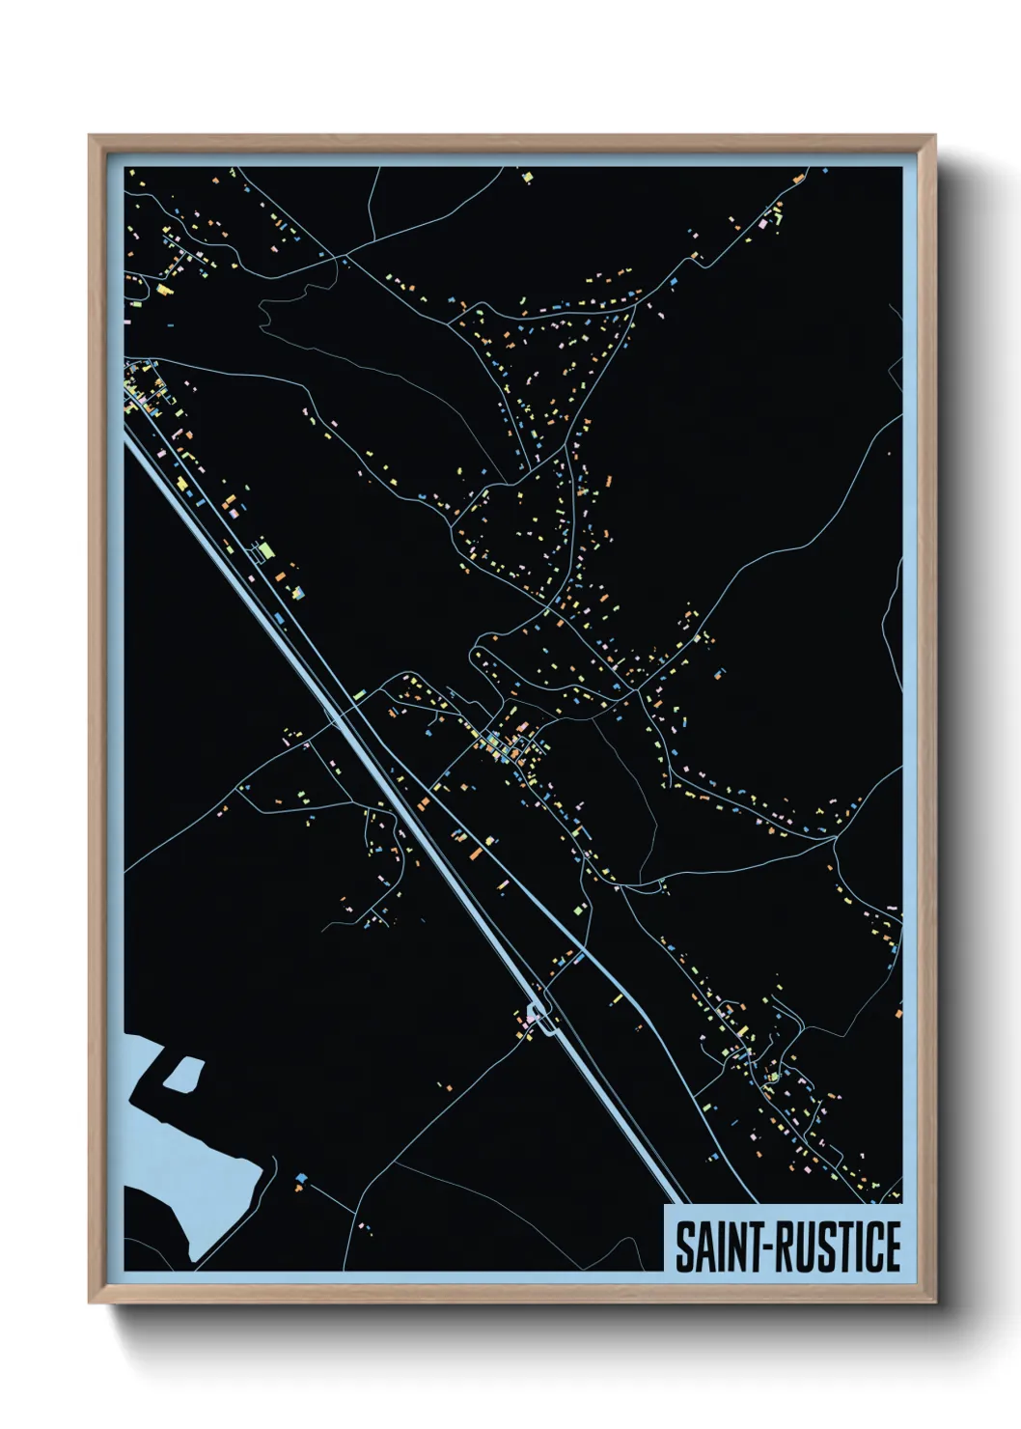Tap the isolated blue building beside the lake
pyautogui.click(x=302, y=1178)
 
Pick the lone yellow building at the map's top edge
pyautogui.click(x=527, y=177)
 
